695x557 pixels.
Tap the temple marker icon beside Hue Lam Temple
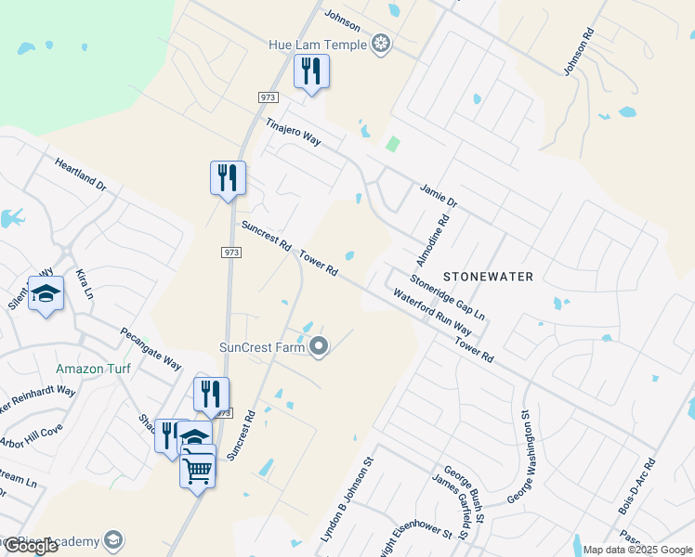tap(380, 44)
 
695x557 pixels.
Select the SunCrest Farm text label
tap(262, 348)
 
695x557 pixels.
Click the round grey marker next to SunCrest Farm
tap(320, 347)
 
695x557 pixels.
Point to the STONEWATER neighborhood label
tap(488, 277)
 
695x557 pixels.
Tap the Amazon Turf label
tap(93, 369)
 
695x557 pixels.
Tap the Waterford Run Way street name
tap(433, 317)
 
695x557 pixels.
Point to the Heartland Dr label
tap(80, 175)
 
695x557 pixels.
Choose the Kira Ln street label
tap(85, 283)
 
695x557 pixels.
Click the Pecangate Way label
tap(151, 349)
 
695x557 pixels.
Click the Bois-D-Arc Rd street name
tap(636, 486)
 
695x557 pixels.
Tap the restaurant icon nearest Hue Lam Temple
tap(311, 71)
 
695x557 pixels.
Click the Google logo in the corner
tap(31, 546)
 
